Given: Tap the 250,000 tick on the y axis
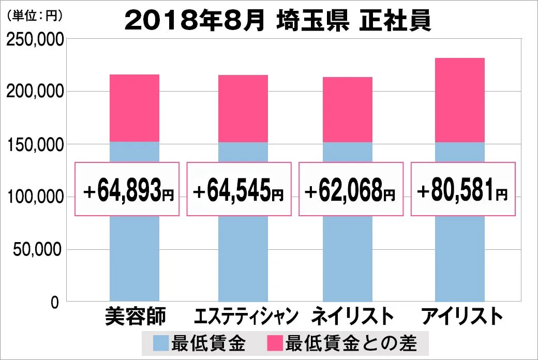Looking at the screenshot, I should [35, 39].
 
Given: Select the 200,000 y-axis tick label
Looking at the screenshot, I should [35, 92].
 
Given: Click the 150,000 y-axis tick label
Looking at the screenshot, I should [35, 144].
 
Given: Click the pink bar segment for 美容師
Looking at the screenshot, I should [134, 108].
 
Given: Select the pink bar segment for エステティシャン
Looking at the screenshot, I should [243, 108].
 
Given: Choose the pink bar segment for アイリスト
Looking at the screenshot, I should [459, 99].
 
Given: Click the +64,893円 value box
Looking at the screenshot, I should [127, 189].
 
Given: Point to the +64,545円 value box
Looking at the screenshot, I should [237, 189].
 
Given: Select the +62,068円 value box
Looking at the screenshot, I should [350, 189].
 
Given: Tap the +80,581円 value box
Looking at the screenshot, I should [462, 189].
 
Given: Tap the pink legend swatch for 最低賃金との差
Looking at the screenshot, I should [275, 342].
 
